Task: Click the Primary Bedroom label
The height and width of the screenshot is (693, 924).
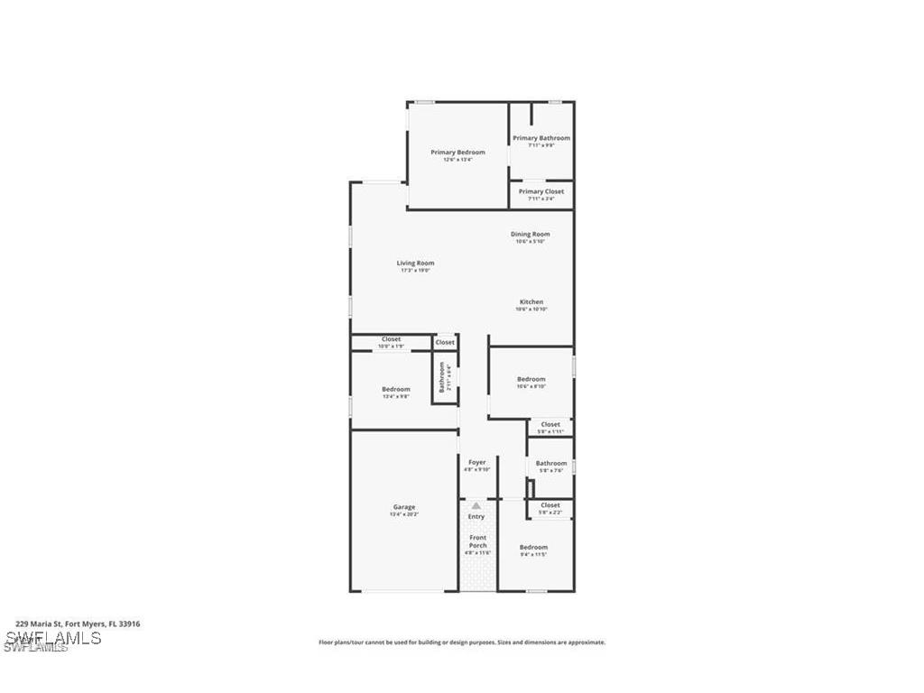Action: point(457,152)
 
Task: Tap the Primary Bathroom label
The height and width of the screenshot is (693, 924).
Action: point(541,138)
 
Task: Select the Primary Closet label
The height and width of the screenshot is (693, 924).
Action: point(541,191)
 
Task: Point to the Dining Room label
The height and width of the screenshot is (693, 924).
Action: point(530,235)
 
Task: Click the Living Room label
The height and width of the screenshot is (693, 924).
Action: point(415,263)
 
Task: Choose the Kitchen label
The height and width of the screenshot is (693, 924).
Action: point(531,302)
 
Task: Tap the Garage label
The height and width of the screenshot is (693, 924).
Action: point(403,507)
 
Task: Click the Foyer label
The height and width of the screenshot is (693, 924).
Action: point(476,463)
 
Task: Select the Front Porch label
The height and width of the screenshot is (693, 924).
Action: point(477,541)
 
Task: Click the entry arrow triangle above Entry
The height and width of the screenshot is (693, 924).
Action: point(476,506)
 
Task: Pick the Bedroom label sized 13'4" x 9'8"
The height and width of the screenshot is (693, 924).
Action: point(395,389)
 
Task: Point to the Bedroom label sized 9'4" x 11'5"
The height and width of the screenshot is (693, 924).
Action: point(532,548)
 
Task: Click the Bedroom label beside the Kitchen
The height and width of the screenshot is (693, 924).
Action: point(531,379)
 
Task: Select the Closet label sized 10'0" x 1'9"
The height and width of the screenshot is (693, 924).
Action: point(391,339)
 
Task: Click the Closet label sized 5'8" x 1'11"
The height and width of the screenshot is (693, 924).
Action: point(550,424)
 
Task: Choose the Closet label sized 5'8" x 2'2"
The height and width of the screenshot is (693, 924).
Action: point(550,505)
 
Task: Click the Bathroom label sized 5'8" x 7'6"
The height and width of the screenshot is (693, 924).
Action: point(551,464)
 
